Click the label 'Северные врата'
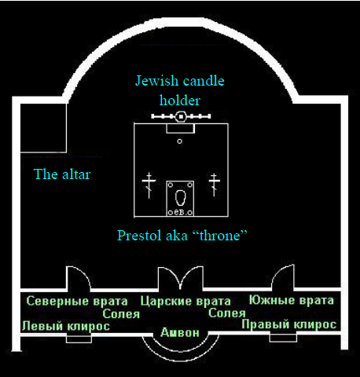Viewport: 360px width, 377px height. [x=77, y=301]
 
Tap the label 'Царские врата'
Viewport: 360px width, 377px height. [x=186, y=301]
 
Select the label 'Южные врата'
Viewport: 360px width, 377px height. [x=292, y=300]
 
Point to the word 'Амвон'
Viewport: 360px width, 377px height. [x=180, y=332]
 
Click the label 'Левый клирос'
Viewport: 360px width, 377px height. [x=66, y=326]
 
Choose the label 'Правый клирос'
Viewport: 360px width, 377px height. [x=289, y=324]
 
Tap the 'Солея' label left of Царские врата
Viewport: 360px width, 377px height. [x=121, y=314]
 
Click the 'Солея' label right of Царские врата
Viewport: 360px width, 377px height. [x=227, y=313]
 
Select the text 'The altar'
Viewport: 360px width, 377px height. [x=62, y=174]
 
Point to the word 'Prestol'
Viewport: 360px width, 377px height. [x=139, y=236]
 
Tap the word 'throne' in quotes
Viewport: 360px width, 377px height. [x=220, y=236]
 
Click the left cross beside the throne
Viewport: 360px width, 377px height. [x=149, y=185]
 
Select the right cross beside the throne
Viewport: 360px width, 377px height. [x=215, y=185]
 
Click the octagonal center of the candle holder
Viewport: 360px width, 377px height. [x=181, y=116]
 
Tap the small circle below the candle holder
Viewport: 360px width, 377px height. [x=179, y=141]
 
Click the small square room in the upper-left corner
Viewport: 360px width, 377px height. [x=43, y=127]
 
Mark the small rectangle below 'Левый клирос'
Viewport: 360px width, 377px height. [x=79, y=339]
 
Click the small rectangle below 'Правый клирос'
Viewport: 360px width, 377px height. [x=283, y=338]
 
